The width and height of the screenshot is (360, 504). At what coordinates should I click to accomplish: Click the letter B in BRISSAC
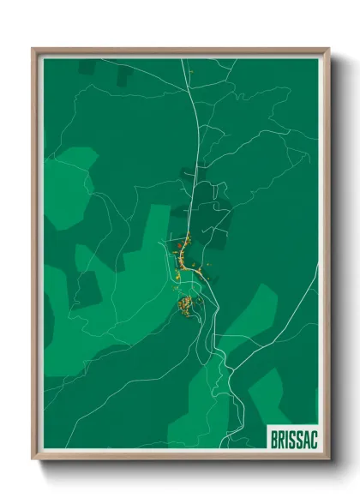coord(274,439)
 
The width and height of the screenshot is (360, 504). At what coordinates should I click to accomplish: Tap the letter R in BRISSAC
coord(282,439)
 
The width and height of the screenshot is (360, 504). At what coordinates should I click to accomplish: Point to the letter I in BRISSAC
coord(288,439)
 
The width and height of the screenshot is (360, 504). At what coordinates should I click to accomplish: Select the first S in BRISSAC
coord(293,439)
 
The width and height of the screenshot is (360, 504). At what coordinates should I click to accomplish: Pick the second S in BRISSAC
coord(300,439)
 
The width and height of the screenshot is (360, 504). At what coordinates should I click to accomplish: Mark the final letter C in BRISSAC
coord(315,439)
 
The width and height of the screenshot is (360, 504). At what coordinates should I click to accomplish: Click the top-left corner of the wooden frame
coord(33,49)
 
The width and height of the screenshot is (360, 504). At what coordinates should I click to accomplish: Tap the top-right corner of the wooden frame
coord(328,49)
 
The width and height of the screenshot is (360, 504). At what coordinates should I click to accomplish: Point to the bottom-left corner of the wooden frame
coord(33,460)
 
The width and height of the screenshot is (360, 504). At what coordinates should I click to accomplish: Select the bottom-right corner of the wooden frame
coord(328,460)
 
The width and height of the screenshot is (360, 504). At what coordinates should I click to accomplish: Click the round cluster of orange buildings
coord(184,304)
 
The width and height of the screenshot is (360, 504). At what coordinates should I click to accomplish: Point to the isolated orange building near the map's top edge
coord(193,71)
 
